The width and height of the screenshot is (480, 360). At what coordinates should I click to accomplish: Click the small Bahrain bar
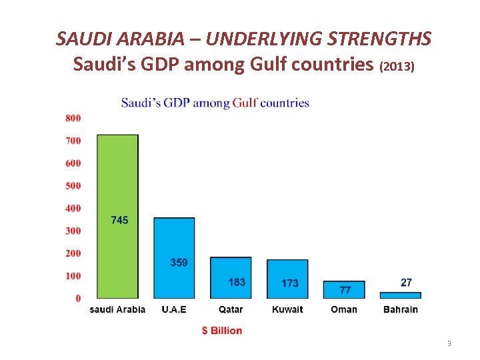(x=400, y=295)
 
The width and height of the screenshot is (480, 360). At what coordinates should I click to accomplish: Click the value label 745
(x=119, y=220)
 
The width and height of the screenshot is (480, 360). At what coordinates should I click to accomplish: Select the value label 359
(x=179, y=263)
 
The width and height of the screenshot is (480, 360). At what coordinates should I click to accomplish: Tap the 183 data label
(x=237, y=282)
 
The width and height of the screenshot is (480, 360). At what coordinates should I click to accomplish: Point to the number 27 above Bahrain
(x=406, y=283)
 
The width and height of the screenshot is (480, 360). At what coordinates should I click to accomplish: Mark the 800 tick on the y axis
(x=73, y=118)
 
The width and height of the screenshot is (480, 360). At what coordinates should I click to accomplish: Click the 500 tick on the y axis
(x=73, y=185)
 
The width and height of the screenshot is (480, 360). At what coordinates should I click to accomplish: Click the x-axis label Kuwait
(x=287, y=309)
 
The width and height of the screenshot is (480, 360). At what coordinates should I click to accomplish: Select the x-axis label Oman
(x=344, y=309)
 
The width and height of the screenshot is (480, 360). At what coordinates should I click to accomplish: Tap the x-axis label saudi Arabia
(x=117, y=309)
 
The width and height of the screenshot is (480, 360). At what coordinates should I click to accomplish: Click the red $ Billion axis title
(x=222, y=331)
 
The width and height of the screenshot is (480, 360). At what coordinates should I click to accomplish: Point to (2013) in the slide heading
(x=397, y=67)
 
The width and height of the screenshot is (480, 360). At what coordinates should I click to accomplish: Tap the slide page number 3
(x=449, y=343)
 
